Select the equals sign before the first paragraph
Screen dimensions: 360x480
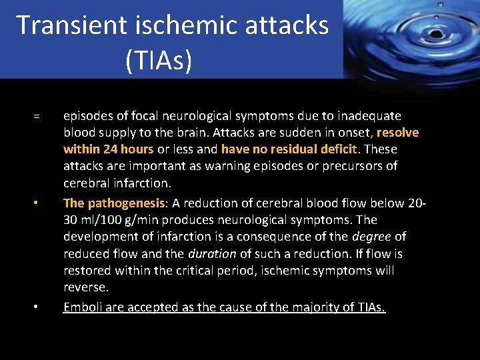coord(37,117)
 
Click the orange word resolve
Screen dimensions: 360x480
coord(397,132)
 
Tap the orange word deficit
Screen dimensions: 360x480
coord(337,149)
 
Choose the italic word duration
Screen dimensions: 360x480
coord(212,254)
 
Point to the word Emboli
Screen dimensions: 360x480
coord(82,307)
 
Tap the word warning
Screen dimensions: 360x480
coord(251,166)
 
